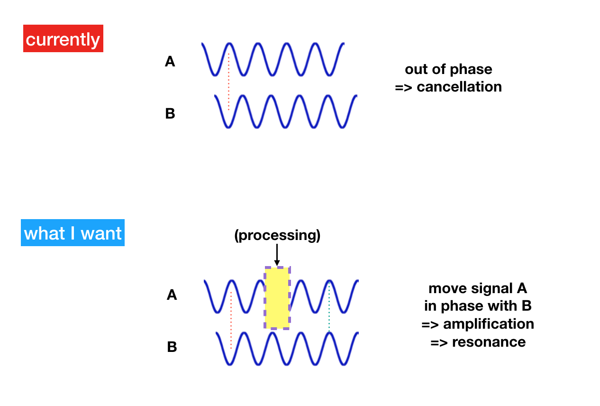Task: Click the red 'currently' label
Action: click(x=63, y=38)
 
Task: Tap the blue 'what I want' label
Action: click(x=73, y=232)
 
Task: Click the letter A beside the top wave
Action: click(x=170, y=61)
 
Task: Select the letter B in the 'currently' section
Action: click(x=170, y=113)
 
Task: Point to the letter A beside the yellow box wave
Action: click(x=172, y=295)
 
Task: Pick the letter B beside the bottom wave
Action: click(x=172, y=347)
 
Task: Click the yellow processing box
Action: click(x=277, y=298)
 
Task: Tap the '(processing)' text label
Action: click(x=277, y=236)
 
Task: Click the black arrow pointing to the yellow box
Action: click(x=277, y=255)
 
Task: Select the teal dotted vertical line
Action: click(x=329, y=307)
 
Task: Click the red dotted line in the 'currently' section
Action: click(x=228, y=82)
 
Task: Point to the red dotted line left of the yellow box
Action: click(x=231, y=320)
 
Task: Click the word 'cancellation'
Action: click(x=459, y=87)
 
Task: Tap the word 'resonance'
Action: click(x=489, y=342)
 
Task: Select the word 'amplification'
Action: click(x=489, y=324)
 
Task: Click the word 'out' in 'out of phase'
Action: click(x=417, y=69)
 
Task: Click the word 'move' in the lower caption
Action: click(x=448, y=289)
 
